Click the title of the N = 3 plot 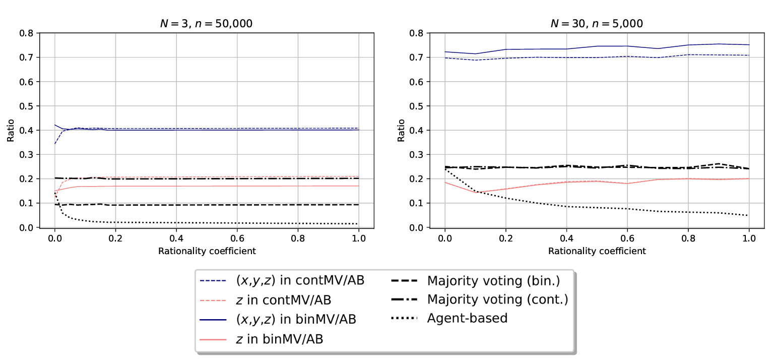click(x=207, y=23)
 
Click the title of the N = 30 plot click(x=597, y=23)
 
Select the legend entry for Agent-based click(x=467, y=318)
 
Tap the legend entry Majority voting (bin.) click(x=493, y=280)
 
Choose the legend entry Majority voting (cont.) click(x=497, y=299)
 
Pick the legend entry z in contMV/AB click(x=284, y=299)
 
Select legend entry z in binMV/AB click(x=280, y=339)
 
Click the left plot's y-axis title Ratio click(x=11, y=130)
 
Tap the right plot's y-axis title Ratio click(x=401, y=130)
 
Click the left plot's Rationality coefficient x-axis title click(x=207, y=251)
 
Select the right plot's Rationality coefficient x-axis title click(x=597, y=251)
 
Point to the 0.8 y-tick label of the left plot click(x=26, y=33)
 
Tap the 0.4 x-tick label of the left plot click(x=176, y=238)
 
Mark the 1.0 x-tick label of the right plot click(x=749, y=238)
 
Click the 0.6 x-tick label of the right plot click(x=627, y=238)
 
